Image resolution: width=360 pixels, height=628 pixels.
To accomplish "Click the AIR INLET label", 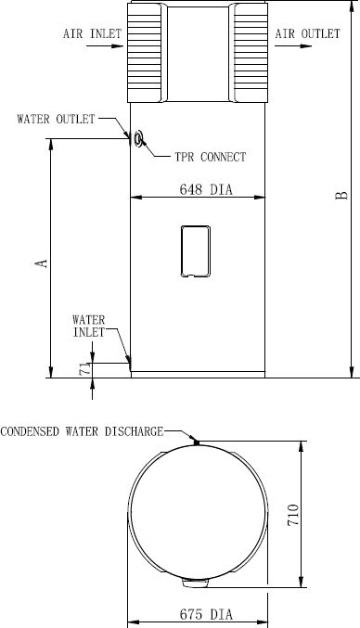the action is (x=92, y=33).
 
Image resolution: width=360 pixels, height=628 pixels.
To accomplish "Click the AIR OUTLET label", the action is (x=307, y=33).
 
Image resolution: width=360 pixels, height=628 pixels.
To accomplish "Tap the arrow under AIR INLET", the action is (x=105, y=46).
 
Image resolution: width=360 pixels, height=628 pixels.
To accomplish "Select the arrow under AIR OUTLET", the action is (x=293, y=46).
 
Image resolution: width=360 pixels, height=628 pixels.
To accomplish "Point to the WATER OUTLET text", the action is (x=56, y=119).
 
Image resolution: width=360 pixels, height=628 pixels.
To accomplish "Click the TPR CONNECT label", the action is (x=211, y=157).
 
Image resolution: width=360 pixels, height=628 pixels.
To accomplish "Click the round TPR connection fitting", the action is (x=138, y=138).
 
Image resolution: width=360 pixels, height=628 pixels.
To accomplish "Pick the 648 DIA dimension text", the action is (x=206, y=189).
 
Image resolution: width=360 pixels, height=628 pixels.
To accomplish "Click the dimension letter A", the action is (x=42, y=263).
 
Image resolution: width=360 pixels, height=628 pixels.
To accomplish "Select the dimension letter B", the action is (x=341, y=196).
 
